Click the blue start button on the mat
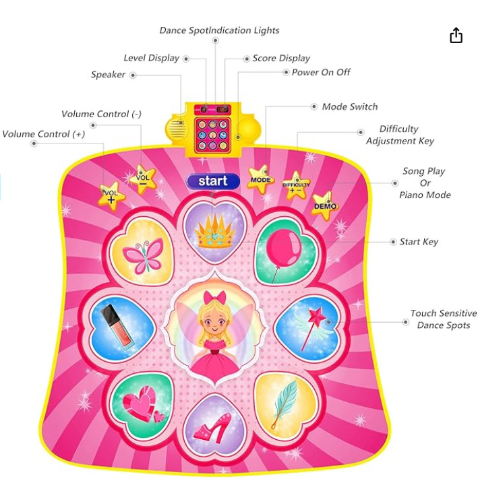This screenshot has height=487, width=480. [x=213, y=181]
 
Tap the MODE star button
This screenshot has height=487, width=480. [x=260, y=180]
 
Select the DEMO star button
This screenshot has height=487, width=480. [x=325, y=205]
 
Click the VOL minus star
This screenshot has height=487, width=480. [x=143, y=179]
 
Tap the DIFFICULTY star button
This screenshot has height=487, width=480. [x=296, y=186]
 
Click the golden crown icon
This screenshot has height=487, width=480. [x=215, y=232]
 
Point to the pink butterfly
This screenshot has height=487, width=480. [x=144, y=255]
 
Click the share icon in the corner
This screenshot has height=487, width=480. [x=456, y=35]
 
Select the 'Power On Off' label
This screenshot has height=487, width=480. [x=321, y=72]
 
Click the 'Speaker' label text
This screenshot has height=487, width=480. [x=108, y=75]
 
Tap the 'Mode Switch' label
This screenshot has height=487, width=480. [x=350, y=107]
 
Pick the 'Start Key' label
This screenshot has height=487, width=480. [x=419, y=242]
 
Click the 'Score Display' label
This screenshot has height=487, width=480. [x=281, y=59]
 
